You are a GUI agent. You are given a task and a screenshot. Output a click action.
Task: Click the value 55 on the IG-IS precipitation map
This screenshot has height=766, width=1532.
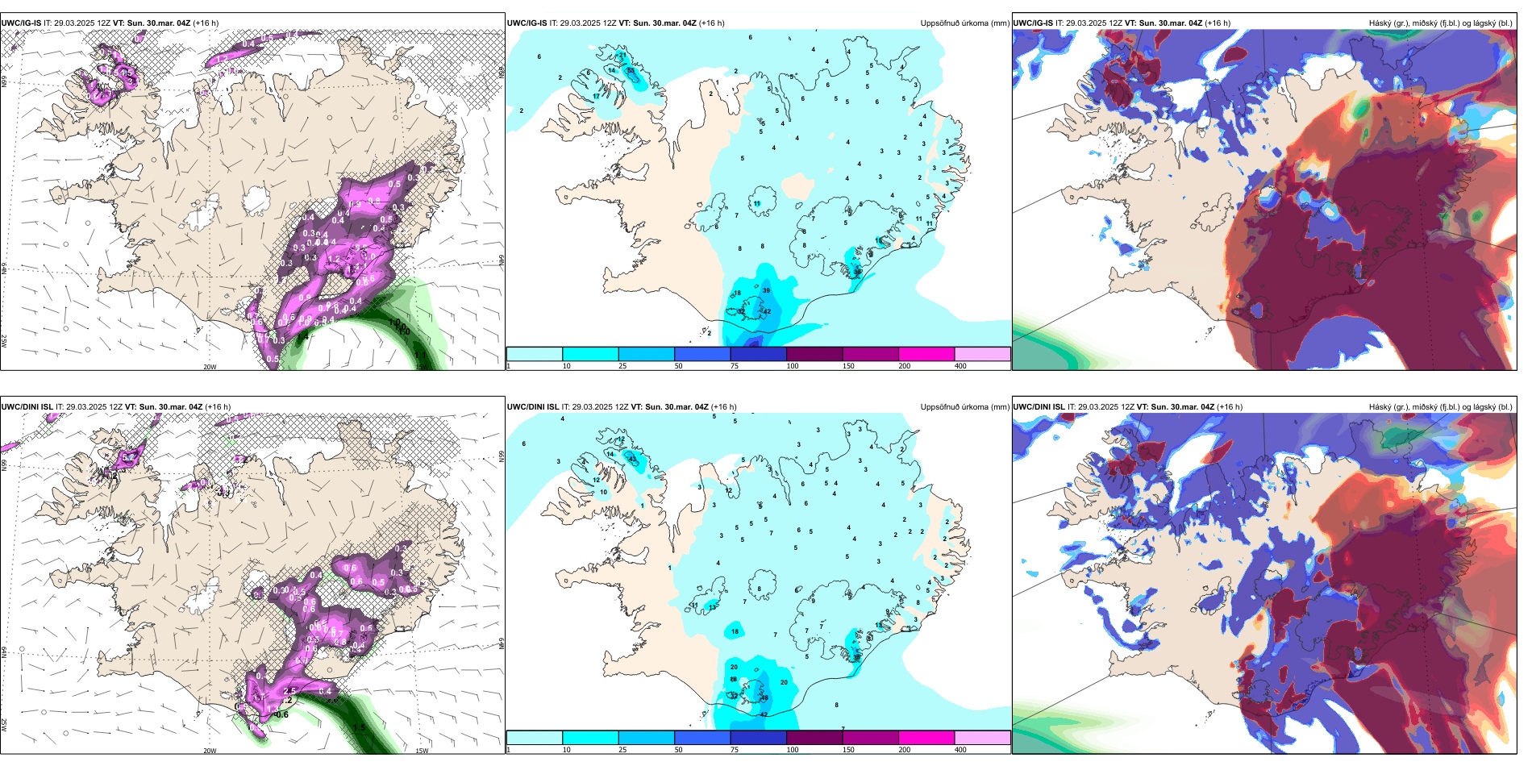point(631,71)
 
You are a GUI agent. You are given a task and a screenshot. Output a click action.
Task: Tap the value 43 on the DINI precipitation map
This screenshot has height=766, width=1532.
point(632,460)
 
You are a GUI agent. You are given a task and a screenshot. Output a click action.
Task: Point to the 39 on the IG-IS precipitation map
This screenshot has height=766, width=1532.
point(766,291)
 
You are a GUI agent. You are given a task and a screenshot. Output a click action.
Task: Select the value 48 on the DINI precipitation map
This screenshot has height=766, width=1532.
point(764,698)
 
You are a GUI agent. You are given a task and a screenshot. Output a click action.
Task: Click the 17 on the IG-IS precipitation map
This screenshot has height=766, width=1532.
point(596,97)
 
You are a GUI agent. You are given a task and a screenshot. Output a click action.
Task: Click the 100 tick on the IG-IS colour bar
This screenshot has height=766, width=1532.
point(793,366)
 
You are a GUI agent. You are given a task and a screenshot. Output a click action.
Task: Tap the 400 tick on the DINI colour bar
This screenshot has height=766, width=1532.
point(960,750)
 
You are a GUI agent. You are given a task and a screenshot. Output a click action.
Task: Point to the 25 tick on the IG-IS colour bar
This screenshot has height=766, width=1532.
point(622,366)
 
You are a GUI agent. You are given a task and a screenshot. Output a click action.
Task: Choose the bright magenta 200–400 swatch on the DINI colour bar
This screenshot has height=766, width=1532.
point(926,738)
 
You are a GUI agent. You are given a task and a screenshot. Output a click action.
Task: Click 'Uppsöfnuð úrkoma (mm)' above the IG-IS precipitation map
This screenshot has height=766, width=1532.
point(964,23)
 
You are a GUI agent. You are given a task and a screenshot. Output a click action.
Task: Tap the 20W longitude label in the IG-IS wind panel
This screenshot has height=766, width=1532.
point(210,367)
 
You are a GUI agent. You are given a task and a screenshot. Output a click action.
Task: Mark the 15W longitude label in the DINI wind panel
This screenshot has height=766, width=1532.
point(421,751)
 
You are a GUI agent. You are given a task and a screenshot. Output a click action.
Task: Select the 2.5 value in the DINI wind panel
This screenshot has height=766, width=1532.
point(290,691)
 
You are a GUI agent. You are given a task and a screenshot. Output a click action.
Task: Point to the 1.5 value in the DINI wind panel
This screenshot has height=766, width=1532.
point(359,727)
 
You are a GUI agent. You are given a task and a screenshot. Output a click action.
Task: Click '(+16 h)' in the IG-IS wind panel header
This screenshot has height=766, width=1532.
point(206,23)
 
